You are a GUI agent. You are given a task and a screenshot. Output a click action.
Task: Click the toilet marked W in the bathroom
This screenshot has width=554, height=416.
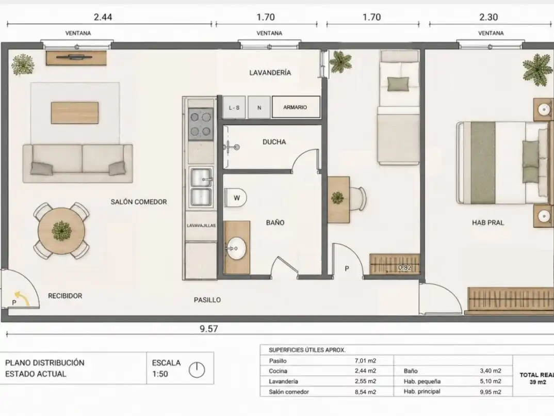point(235,198)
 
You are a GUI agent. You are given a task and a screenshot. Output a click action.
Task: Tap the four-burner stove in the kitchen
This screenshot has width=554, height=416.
point(201,124)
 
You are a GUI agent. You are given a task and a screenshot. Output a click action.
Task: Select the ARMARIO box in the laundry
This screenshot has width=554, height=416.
point(296,107)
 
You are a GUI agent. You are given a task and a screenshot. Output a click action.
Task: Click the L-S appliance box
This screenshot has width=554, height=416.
point(234,107)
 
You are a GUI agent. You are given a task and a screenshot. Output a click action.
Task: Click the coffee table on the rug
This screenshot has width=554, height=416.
point(75,113)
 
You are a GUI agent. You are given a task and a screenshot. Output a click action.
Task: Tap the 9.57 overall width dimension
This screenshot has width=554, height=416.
point(208,329)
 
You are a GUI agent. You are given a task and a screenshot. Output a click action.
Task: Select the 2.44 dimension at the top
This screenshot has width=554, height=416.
point(103,17)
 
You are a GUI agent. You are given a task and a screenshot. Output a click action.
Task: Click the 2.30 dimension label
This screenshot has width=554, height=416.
point(488,17)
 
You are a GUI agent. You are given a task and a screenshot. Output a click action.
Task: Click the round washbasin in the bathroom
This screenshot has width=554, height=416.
point(236,248)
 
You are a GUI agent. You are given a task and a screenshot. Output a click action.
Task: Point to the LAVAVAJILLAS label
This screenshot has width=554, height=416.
point(201,226)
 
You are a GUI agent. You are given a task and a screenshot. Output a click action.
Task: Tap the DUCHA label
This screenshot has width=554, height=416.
point(274,142)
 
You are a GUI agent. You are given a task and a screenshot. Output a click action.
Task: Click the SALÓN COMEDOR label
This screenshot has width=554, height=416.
point(139,202)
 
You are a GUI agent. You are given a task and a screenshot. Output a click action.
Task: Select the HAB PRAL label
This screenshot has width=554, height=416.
point(488,222)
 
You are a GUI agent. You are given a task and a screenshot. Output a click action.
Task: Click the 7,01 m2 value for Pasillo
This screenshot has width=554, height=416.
point(365,361)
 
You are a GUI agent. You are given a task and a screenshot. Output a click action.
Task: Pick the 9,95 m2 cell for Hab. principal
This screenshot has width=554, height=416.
point(491,392)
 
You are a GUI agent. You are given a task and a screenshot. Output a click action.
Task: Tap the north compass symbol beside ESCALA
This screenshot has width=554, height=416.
point(197,370)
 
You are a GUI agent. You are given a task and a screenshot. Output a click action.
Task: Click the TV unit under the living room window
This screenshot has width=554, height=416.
point(76,58)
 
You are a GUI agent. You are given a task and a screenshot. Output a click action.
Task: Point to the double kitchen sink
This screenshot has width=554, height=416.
point(201,187)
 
